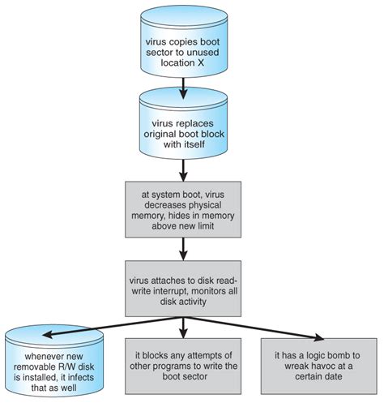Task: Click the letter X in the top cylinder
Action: (x=200, y=62)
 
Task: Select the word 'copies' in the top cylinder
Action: (x=179, y=42)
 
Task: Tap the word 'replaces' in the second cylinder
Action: (x=194, y=123)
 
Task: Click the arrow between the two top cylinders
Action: (x=183, y=88)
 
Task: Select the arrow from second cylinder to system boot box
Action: (x=183, y=170)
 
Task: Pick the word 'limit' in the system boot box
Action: (x=206, y=225)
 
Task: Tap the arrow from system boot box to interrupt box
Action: (x=183, y=249)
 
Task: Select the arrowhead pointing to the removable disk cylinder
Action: (x=49, y=335)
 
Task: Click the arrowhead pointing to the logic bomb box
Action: (x=318, y=337)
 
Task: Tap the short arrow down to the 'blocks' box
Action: (x=183, y=328)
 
